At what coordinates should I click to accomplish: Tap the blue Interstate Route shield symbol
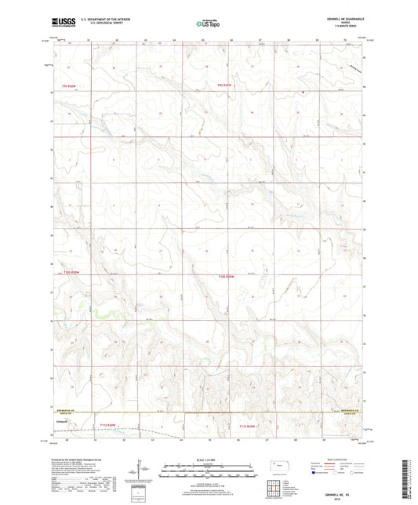point(314,473)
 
